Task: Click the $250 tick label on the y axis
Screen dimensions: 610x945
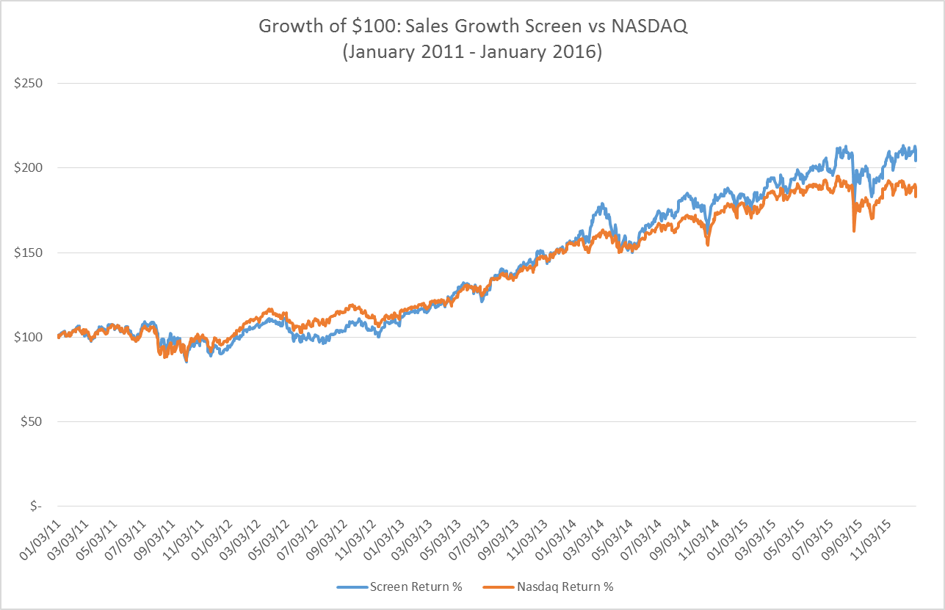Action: point(28,83)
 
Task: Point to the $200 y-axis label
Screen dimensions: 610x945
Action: point(28,168)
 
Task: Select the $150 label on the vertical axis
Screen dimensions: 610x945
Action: point(28,253)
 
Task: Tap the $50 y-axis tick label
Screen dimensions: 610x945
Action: point(30,422)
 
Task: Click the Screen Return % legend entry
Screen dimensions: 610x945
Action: point(399,587)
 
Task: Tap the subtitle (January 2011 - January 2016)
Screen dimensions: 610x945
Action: point(472,53)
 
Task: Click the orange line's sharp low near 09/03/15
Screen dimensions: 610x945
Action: point(854,231)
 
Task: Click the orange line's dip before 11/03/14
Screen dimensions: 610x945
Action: point(707,244)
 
